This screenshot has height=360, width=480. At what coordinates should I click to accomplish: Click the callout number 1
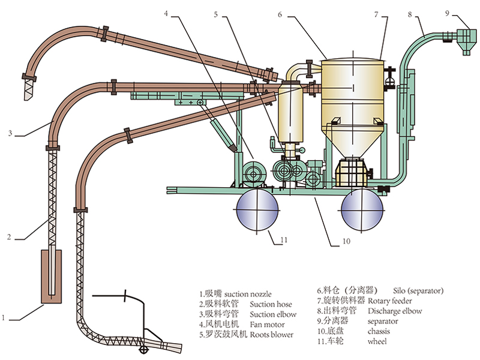coord(5,317)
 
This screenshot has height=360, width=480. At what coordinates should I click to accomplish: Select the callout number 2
coord(9,236)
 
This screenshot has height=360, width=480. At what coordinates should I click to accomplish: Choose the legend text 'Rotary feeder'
coord(392,301)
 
